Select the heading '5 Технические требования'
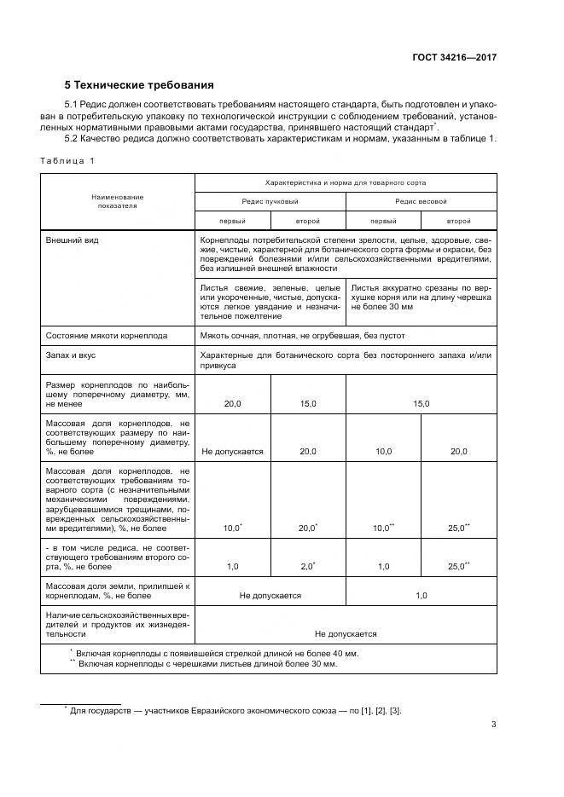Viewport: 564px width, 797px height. click(x=140, y=86)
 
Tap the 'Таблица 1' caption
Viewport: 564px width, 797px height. click(x=68, y=160)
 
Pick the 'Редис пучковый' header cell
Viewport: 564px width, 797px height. click(x=270, y=201)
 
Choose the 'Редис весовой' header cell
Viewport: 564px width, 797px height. click(x=421, y=201)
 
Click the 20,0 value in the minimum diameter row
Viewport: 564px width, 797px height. click(x=232, y=403)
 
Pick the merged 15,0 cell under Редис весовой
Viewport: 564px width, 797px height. click(x=421, y=403)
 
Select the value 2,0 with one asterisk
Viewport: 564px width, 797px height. click(x=307, y=566)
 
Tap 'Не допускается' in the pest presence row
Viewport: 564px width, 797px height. click(x=346, y=634)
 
